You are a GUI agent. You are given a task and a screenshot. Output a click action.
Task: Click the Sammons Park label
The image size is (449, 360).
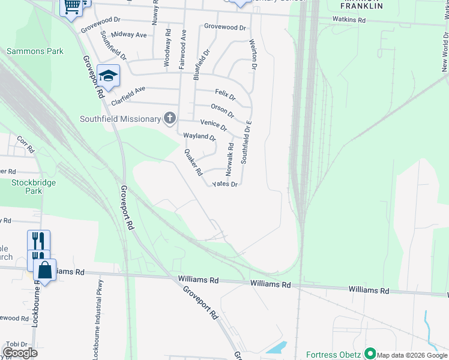tap(35, 52)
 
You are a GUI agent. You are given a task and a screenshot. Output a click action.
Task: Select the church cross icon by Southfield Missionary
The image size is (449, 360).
tap(170, 118)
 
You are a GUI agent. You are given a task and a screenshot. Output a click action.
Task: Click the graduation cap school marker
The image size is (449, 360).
tap(108, 76)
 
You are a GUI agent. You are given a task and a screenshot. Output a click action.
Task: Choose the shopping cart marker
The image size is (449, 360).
tap(71, 6)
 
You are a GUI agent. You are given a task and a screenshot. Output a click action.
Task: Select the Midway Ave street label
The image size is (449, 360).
tap(128, 35)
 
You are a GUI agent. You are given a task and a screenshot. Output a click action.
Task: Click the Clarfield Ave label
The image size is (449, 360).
tap(128, 97)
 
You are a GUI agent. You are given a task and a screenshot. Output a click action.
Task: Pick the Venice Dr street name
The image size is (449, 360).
tap(214, 124)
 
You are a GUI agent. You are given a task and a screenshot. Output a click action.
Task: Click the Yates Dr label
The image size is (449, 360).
tap(226, 184)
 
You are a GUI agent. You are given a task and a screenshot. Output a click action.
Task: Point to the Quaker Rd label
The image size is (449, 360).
tap(193, 162)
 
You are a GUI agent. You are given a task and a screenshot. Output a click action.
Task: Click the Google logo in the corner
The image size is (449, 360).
tap(20, 352)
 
